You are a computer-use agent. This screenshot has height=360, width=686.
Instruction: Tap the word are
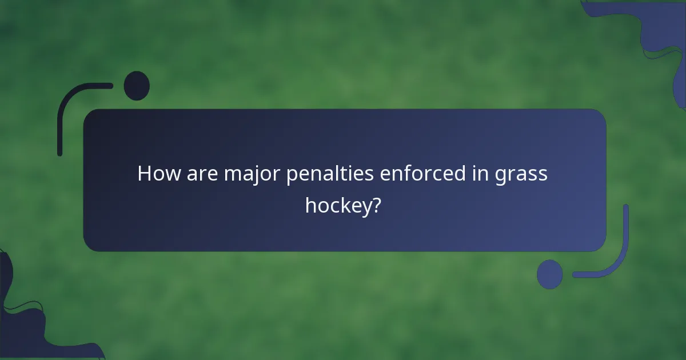point(202,174)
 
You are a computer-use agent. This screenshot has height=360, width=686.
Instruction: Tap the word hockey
point(338,206)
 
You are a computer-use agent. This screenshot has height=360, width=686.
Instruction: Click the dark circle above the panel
point(137,86)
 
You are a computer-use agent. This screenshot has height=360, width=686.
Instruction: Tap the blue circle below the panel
point(550,274)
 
